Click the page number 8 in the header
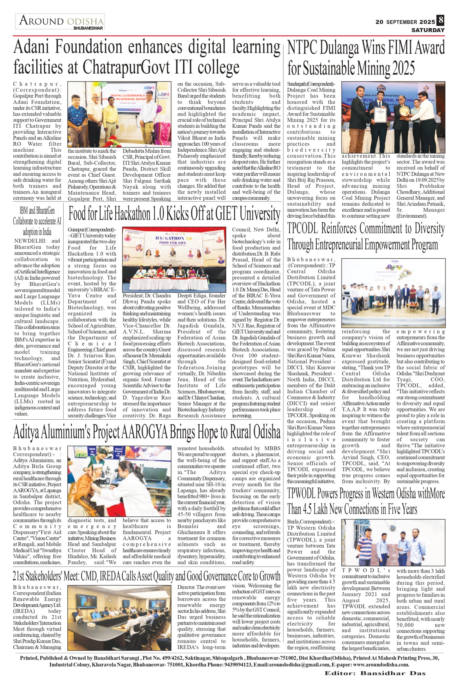pyautogui.click(x=440, y=21)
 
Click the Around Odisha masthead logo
pyautogui.click(x=60, y=22)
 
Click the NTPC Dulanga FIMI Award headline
pyautogui.click(x=366, y=58)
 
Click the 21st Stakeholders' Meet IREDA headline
pyautogui.click(x=147, y=577)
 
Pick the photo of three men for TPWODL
pyautogui.click(x=393, y=543)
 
